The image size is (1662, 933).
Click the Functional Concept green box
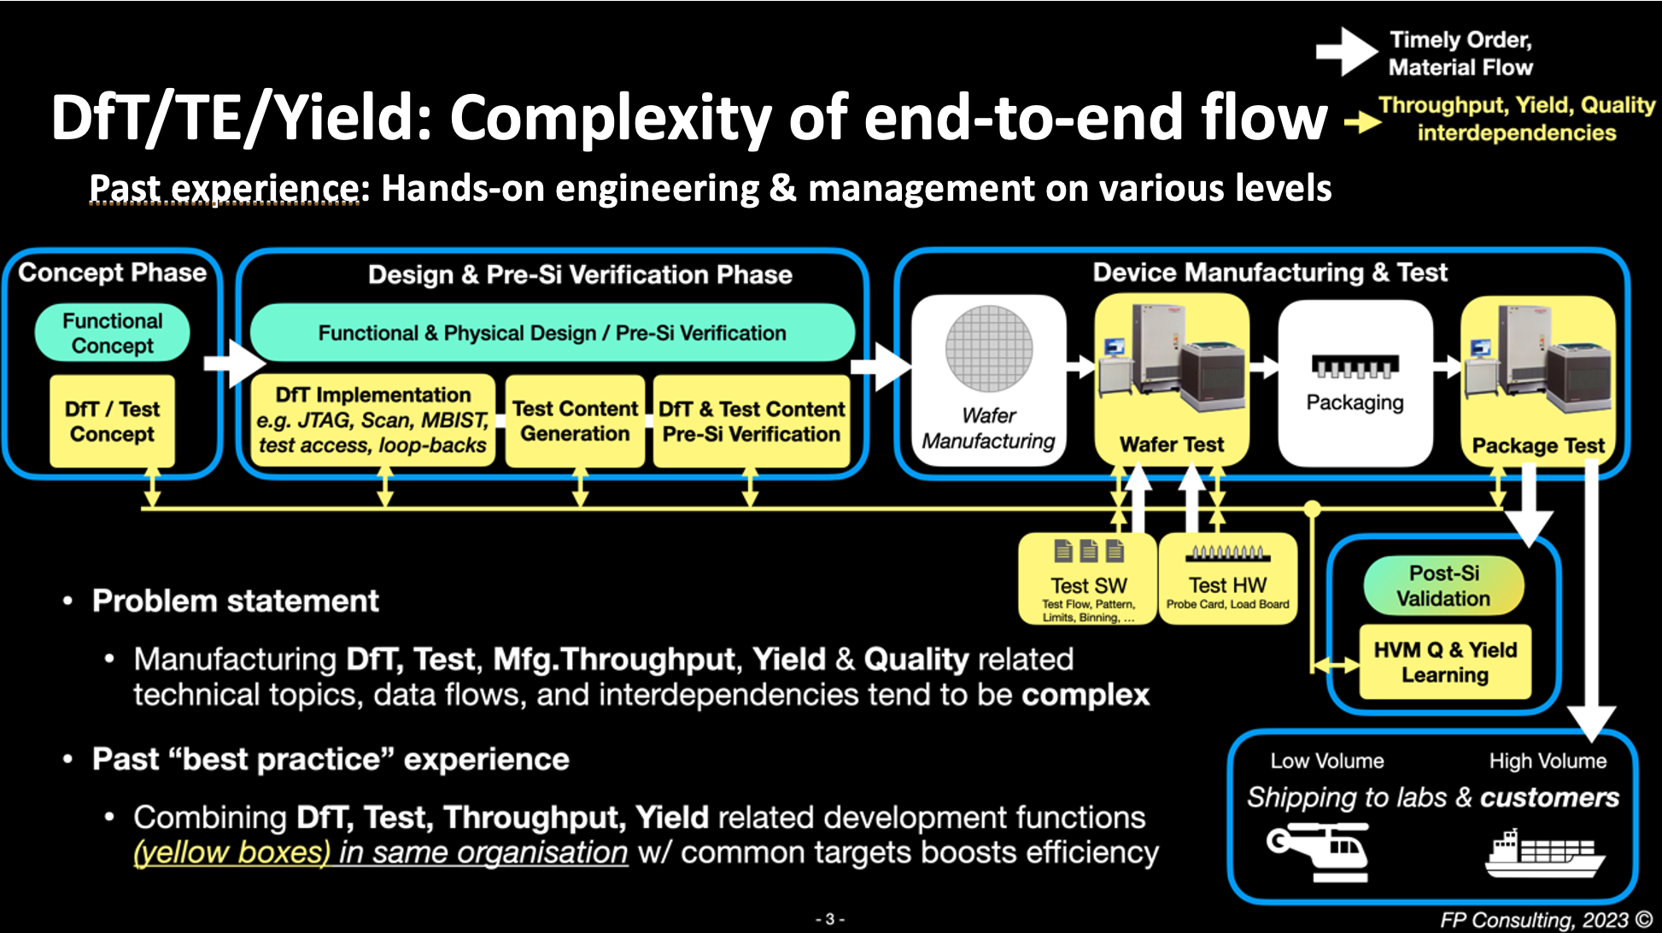point(112,333)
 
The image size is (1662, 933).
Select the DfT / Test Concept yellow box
point(112,421)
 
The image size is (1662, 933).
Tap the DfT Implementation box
point(373,420)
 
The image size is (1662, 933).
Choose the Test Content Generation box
point(575,421)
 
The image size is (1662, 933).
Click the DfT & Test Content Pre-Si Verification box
point(752,421)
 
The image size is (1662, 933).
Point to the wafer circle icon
point(989,349)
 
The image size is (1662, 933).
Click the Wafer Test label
point(1172,444)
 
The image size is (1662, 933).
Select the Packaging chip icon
point(1355,367)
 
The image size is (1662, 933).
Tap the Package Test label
point(1538,446)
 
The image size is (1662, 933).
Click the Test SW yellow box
point(1088,580)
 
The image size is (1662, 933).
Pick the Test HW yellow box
point(1227,580)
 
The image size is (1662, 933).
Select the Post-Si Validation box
point(1443,586)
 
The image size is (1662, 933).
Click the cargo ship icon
point(1544,854)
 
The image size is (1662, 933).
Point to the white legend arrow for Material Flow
point(1346,51)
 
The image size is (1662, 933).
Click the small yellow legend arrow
point(1363,122)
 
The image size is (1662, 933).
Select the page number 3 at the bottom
point(829,919)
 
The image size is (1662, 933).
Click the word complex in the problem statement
point(1086,695)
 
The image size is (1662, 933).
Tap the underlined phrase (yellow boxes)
point(231,853)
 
